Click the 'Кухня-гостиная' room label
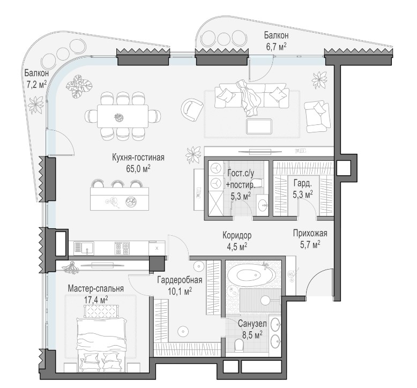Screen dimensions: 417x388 tap(138, 158)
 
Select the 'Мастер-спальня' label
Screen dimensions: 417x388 tap(96, 288)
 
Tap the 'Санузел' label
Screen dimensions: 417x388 tap(252, 324)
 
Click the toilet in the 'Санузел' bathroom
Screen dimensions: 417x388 tap(239, 346)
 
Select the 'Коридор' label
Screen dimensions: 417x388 tap(237, 235)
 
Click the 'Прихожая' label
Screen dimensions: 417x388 tap(310, 233)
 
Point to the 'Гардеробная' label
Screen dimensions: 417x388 tap(180, 280)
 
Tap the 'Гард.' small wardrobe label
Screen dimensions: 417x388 tap(302, 183)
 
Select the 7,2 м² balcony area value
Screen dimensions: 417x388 tap(36, 85)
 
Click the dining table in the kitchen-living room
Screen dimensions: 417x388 tap(122, 116)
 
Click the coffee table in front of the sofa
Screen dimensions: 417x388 tap(259, 126)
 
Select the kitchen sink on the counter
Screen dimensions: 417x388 tap(84, 248)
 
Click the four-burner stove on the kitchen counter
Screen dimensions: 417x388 tap(122, 248)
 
